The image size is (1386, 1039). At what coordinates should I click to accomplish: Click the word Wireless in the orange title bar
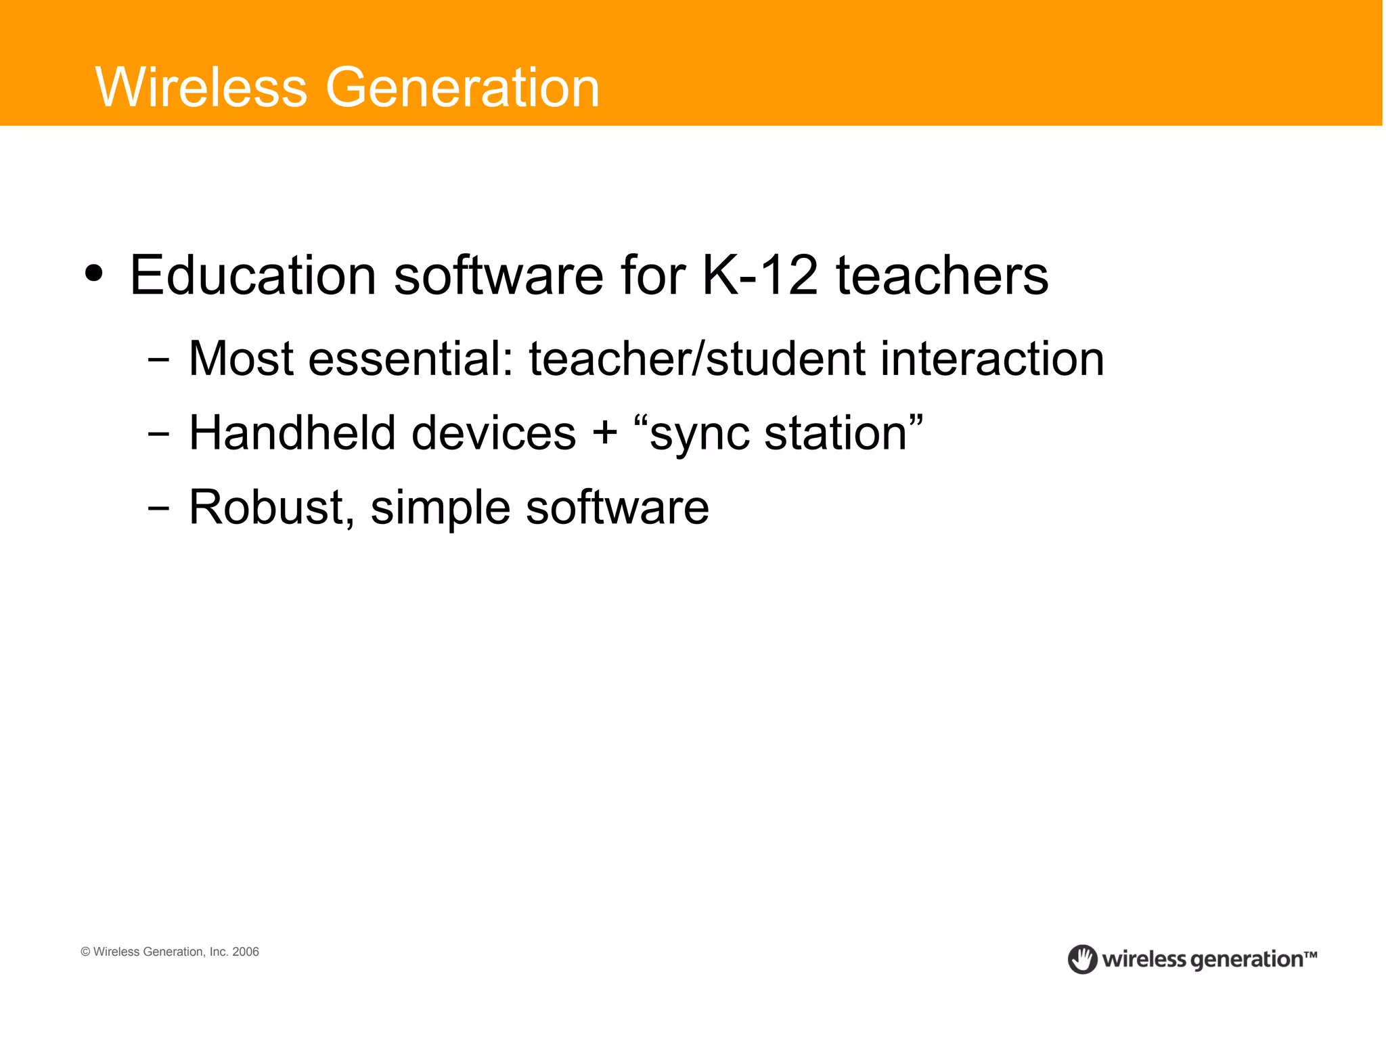click(202, 87)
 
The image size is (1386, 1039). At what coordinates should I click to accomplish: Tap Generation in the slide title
click(463, 87)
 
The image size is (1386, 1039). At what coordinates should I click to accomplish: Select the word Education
click(252, 275)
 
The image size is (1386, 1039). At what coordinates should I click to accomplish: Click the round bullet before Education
click(94, 274)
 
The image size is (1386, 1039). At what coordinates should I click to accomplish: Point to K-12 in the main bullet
click(760, 275)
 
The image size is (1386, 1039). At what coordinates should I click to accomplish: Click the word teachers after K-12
click(942, 275)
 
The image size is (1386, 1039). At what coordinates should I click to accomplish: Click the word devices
click(493, 433)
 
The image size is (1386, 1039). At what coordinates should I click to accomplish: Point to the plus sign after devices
click(605, 434)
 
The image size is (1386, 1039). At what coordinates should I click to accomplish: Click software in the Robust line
click(617, 507)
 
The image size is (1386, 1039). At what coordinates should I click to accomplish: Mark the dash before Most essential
click(158, 360)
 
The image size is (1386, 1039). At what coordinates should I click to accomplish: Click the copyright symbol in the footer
click(85, 952)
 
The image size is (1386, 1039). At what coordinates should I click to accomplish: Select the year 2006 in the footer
click(246, 952)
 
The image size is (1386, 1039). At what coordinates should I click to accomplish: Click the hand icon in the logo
click(1082, 959)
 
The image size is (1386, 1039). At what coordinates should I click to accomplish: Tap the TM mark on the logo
click(1310, 955)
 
